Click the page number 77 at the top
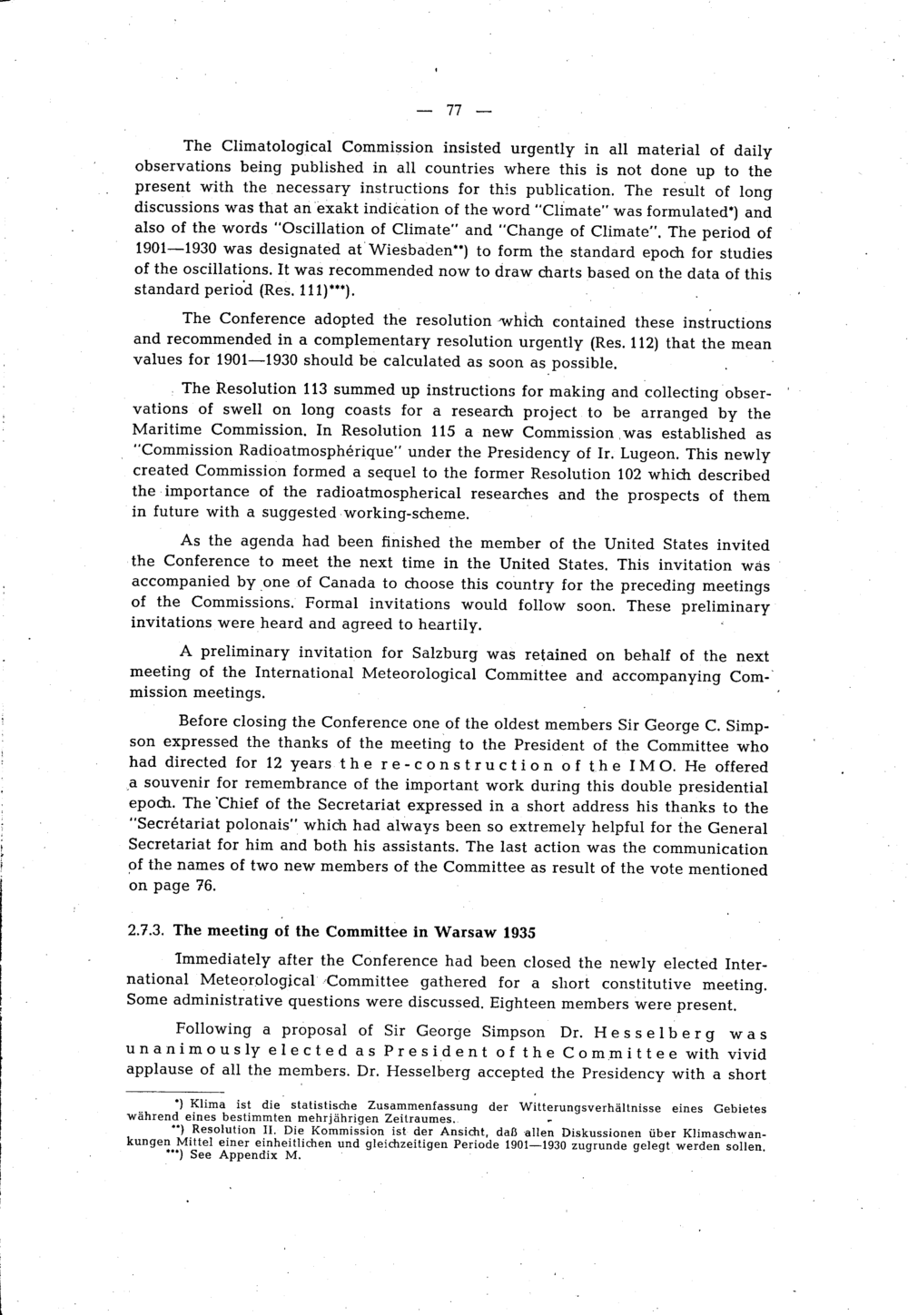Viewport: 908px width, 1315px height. pyautogui.click(x=454, y=111)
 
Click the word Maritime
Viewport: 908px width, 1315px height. pyautogui.click(x=169, y=430)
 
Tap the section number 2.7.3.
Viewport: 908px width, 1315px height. pyautogui.click(x=147, y=930)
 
